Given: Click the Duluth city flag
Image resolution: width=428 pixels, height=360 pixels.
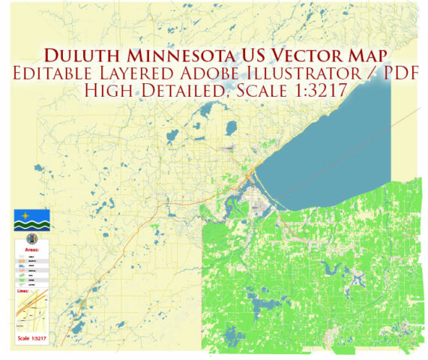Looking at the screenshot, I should [x=31, y=220].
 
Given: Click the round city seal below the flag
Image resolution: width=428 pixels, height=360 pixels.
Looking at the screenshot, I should [x=31, y=238].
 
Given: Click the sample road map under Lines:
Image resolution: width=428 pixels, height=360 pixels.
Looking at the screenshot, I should [x=31, y=311].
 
